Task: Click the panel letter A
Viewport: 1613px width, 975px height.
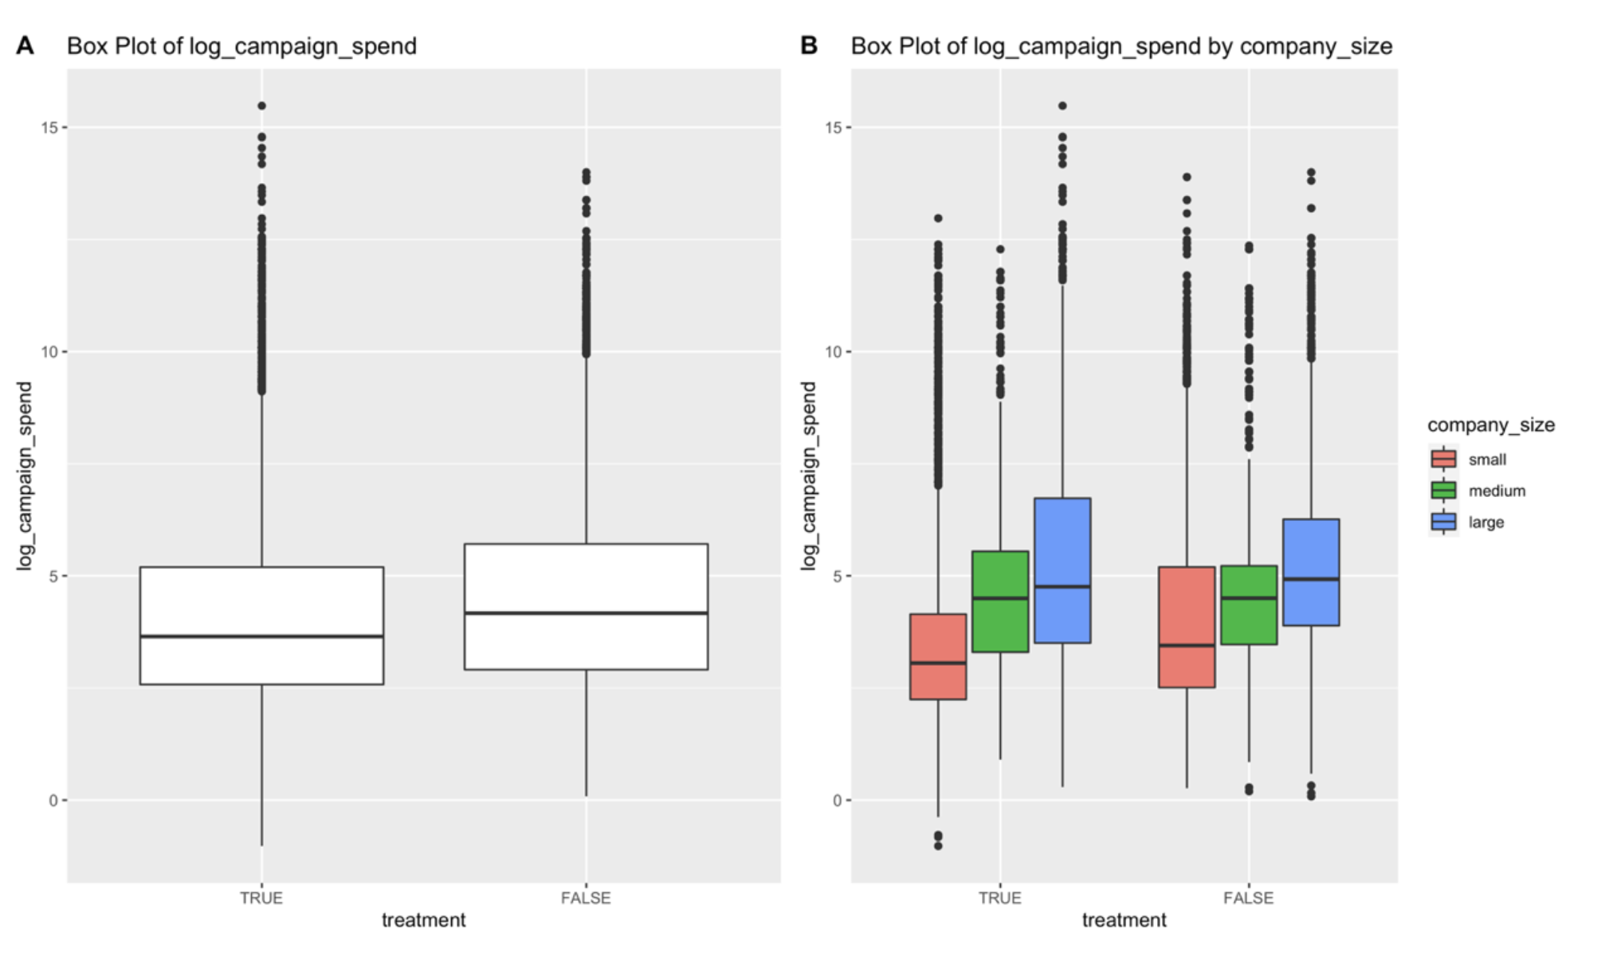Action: [25, 46]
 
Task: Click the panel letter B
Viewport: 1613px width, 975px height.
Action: [809, 46]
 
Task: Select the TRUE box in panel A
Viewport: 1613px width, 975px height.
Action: [261, 625]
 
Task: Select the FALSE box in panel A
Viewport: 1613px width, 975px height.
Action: [586, 606]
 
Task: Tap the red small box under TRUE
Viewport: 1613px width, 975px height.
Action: [938, 656]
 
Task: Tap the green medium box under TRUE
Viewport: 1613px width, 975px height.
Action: [1000, 601]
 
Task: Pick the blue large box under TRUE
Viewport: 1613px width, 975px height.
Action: [1062, 570]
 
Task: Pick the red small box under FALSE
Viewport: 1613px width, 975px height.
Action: [1187, 627]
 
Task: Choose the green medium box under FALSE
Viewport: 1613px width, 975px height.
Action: [1249, 605]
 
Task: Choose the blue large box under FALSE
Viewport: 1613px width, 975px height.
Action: [1311, 572]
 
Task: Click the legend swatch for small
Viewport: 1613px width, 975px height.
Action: [1443, 459]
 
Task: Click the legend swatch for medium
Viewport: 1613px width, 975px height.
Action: [1443, 491]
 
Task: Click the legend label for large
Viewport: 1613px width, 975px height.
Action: [1486, 523]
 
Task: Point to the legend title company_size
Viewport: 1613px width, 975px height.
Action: [1490, 425]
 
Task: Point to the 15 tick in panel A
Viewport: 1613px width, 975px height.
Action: [49, 127]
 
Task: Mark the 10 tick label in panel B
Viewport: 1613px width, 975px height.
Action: [832, 352]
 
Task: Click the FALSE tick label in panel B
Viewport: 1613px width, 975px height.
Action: [1248, 898]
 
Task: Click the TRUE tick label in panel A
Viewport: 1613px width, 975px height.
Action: [261, 898]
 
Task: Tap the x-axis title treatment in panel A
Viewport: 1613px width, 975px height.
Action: [423, 920]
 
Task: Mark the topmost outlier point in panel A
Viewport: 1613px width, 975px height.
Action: [261, 106]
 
